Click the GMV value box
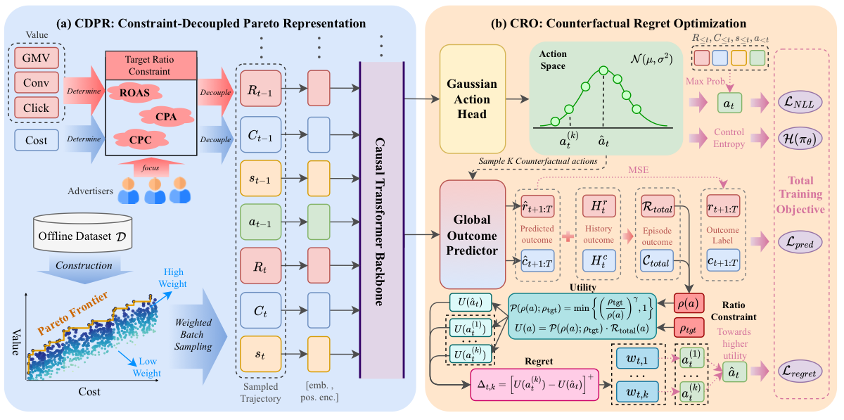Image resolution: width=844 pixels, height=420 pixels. tap(37, 58)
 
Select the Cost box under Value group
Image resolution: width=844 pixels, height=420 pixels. tap(37, 140)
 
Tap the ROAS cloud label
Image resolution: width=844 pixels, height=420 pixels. tap(134, 93)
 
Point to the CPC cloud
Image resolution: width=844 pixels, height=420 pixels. tap(141, 140)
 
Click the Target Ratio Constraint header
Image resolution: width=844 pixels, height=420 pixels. tap(151, 65)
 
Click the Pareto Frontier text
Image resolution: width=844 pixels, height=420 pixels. tap(72, 313)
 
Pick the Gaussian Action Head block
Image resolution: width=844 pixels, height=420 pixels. tap(472, 99)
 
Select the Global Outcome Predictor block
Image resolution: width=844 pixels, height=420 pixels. tap(472, 234)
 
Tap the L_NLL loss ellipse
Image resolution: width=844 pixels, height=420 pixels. tap(800, 103)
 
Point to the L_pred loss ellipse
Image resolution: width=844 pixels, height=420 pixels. tap(800, 242)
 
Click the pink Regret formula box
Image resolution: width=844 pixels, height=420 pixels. tap(535, 385)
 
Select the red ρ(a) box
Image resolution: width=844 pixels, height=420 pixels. tap(689, 303)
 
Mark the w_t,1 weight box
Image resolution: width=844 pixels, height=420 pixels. tap(637, 359)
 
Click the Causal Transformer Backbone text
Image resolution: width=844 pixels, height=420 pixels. tap(380, 222)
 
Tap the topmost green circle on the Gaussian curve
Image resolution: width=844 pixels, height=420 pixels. tap(603, 70)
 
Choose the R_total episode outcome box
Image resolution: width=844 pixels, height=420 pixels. tap(658, 206)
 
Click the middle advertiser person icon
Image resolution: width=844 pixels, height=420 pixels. tap(155, 191)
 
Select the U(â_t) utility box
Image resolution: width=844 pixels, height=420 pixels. tap(471, 303)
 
